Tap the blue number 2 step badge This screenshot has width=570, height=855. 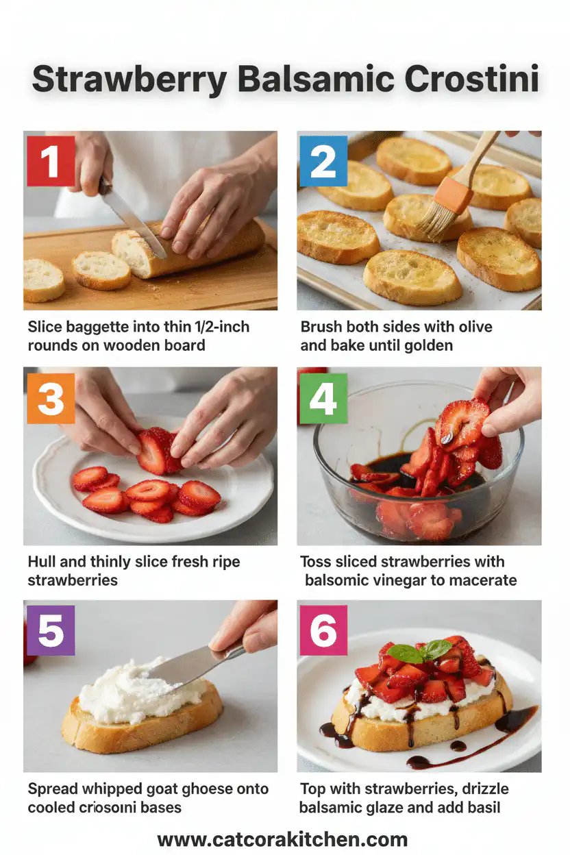[x=323, y=161]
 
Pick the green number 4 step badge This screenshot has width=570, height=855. [x=323, y=397]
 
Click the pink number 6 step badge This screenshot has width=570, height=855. [x=323, y=630]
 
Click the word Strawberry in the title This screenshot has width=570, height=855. [x=129, y=81]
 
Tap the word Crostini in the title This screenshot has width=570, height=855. [x=471, y=81]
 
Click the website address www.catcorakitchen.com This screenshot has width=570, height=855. [x=282, y=839]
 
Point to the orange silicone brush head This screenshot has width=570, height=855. [x=453, y=195]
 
